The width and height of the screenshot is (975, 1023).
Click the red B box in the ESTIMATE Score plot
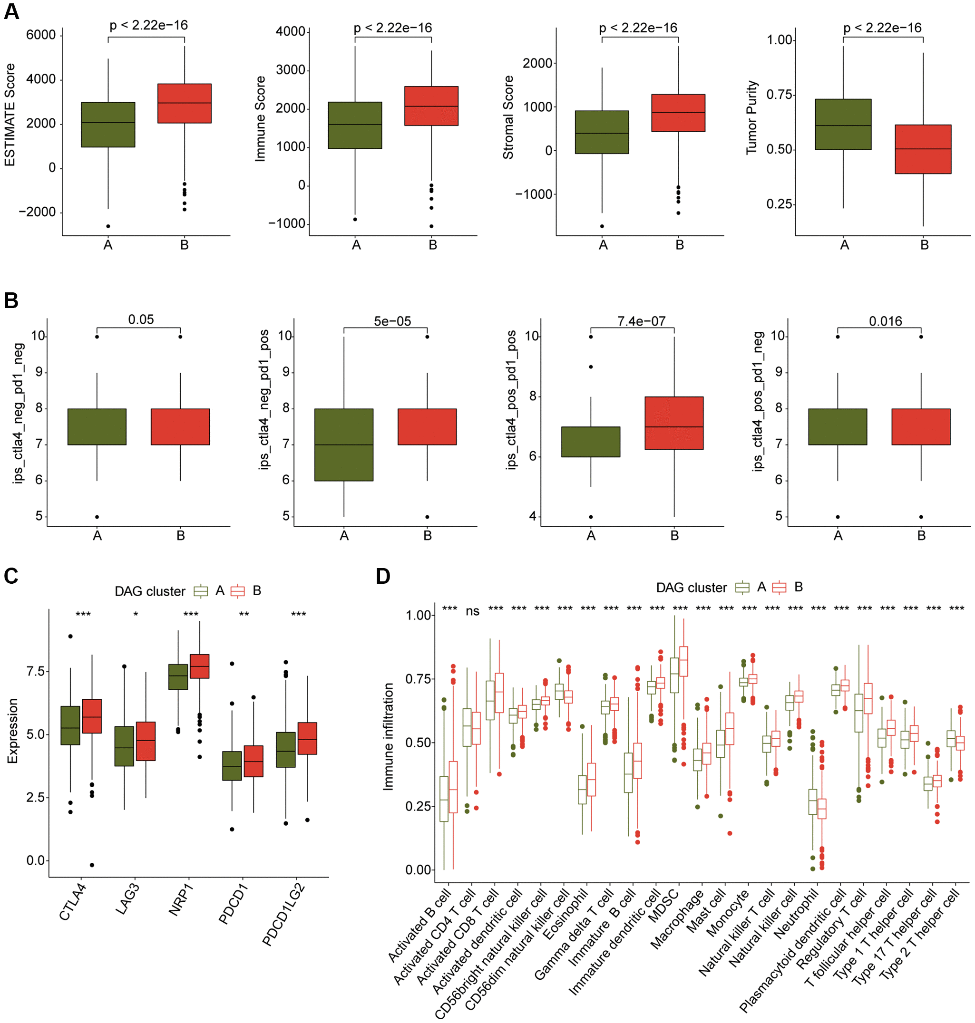pos(184,103)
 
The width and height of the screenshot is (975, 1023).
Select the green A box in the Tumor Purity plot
pos(843,124)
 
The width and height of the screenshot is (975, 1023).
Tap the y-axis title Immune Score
pos(260,118)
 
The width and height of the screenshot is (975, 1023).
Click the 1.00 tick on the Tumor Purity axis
pos(779,40)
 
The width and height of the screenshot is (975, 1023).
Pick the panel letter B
pos(11,301)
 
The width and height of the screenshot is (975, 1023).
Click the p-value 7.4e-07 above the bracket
pos(641,321)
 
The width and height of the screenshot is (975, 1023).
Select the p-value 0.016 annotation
pos(885,321)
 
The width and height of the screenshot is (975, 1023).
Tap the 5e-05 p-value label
pos(392,321)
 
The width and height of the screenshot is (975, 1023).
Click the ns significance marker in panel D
pos(472,611)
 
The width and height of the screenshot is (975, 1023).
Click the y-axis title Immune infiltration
pos(388,737)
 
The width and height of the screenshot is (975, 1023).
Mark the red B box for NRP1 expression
pos(200,666)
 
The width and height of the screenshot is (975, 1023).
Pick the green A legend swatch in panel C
pos(201,591)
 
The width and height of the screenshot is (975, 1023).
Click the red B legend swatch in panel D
pos(779,587)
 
